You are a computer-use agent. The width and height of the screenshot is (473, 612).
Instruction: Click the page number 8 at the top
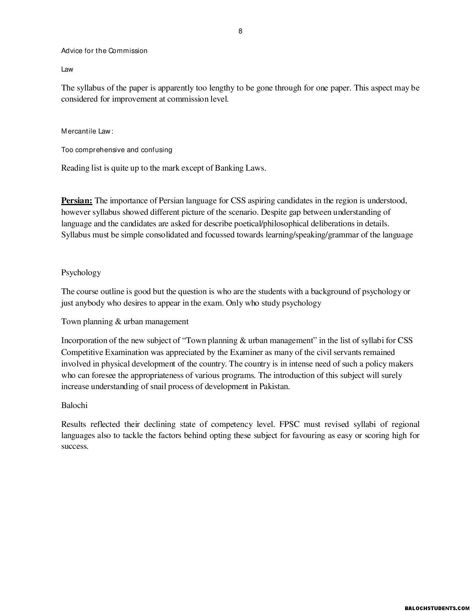click(240, 31)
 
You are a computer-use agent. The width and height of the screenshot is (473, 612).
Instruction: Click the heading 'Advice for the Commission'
click(104, 51)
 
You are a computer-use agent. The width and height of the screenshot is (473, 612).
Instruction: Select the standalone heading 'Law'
click(67, 69)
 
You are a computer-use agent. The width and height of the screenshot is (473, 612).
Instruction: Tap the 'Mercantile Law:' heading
click(87, 131)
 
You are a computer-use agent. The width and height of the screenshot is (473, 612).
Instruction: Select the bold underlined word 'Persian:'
click(77, 201)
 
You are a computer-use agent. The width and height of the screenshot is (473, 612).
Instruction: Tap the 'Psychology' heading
click(81, 273)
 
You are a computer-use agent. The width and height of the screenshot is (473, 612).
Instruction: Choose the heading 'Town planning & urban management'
click(125, 322)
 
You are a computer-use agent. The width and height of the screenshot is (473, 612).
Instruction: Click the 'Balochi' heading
click(74, 405)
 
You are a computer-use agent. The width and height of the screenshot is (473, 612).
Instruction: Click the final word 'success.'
click(75, 446)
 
